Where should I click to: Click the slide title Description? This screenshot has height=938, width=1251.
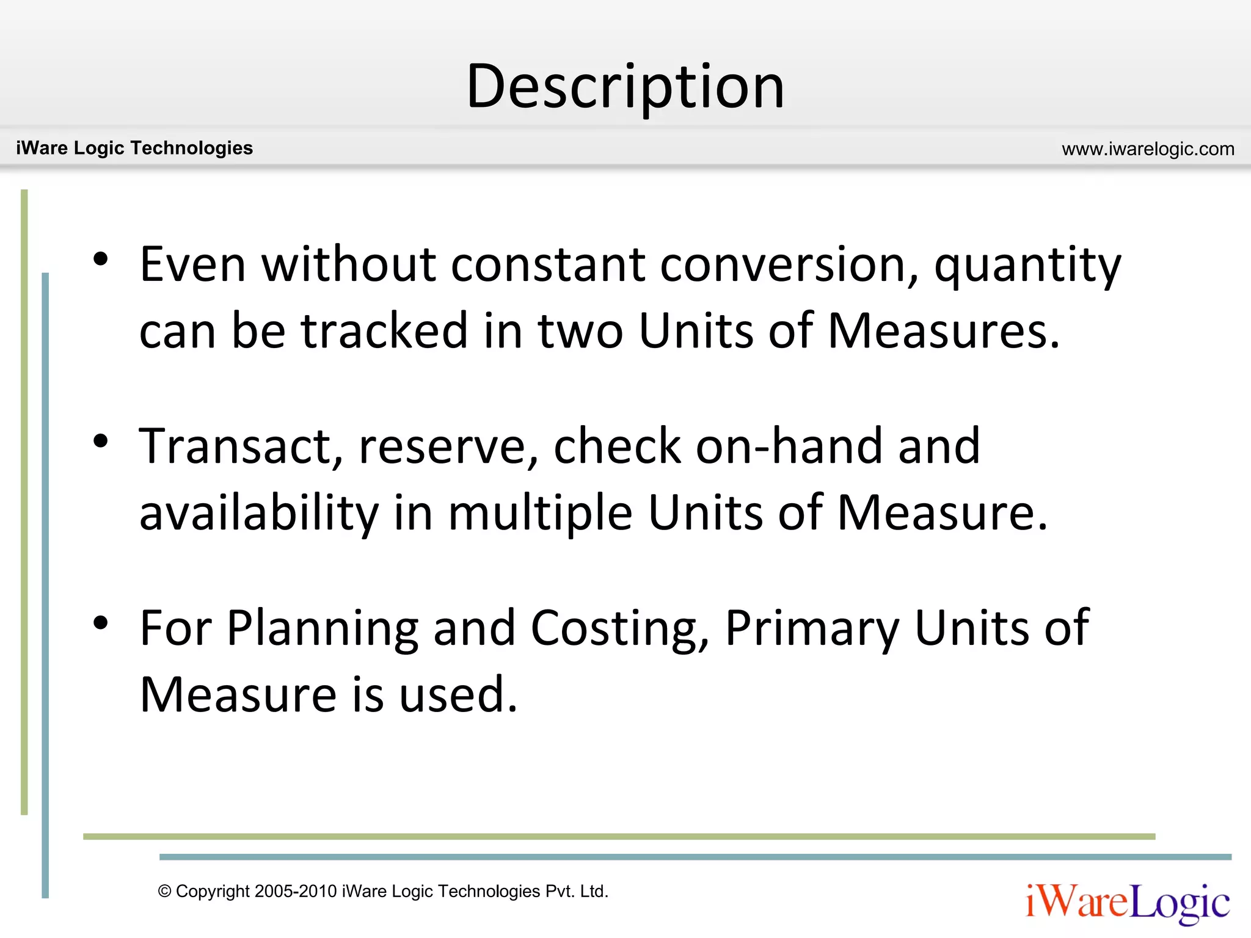pos(625,87)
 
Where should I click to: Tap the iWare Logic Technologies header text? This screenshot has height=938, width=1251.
pos(134,148)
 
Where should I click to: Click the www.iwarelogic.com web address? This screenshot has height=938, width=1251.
pos(1148,149)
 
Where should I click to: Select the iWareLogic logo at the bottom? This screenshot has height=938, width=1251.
pos(1128,903)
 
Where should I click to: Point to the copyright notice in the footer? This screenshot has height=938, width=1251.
pos(383,892)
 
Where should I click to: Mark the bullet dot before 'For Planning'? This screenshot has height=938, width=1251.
pos(101,622)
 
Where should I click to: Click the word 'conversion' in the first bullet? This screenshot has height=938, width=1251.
pos(789,265)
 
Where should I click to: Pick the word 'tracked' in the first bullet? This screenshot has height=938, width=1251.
pos(384,331)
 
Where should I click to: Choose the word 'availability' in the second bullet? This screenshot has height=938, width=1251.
pos(259,513)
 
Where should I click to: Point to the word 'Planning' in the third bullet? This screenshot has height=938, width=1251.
pos(323,629)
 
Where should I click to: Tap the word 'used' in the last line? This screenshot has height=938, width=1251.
pos(458,695)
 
